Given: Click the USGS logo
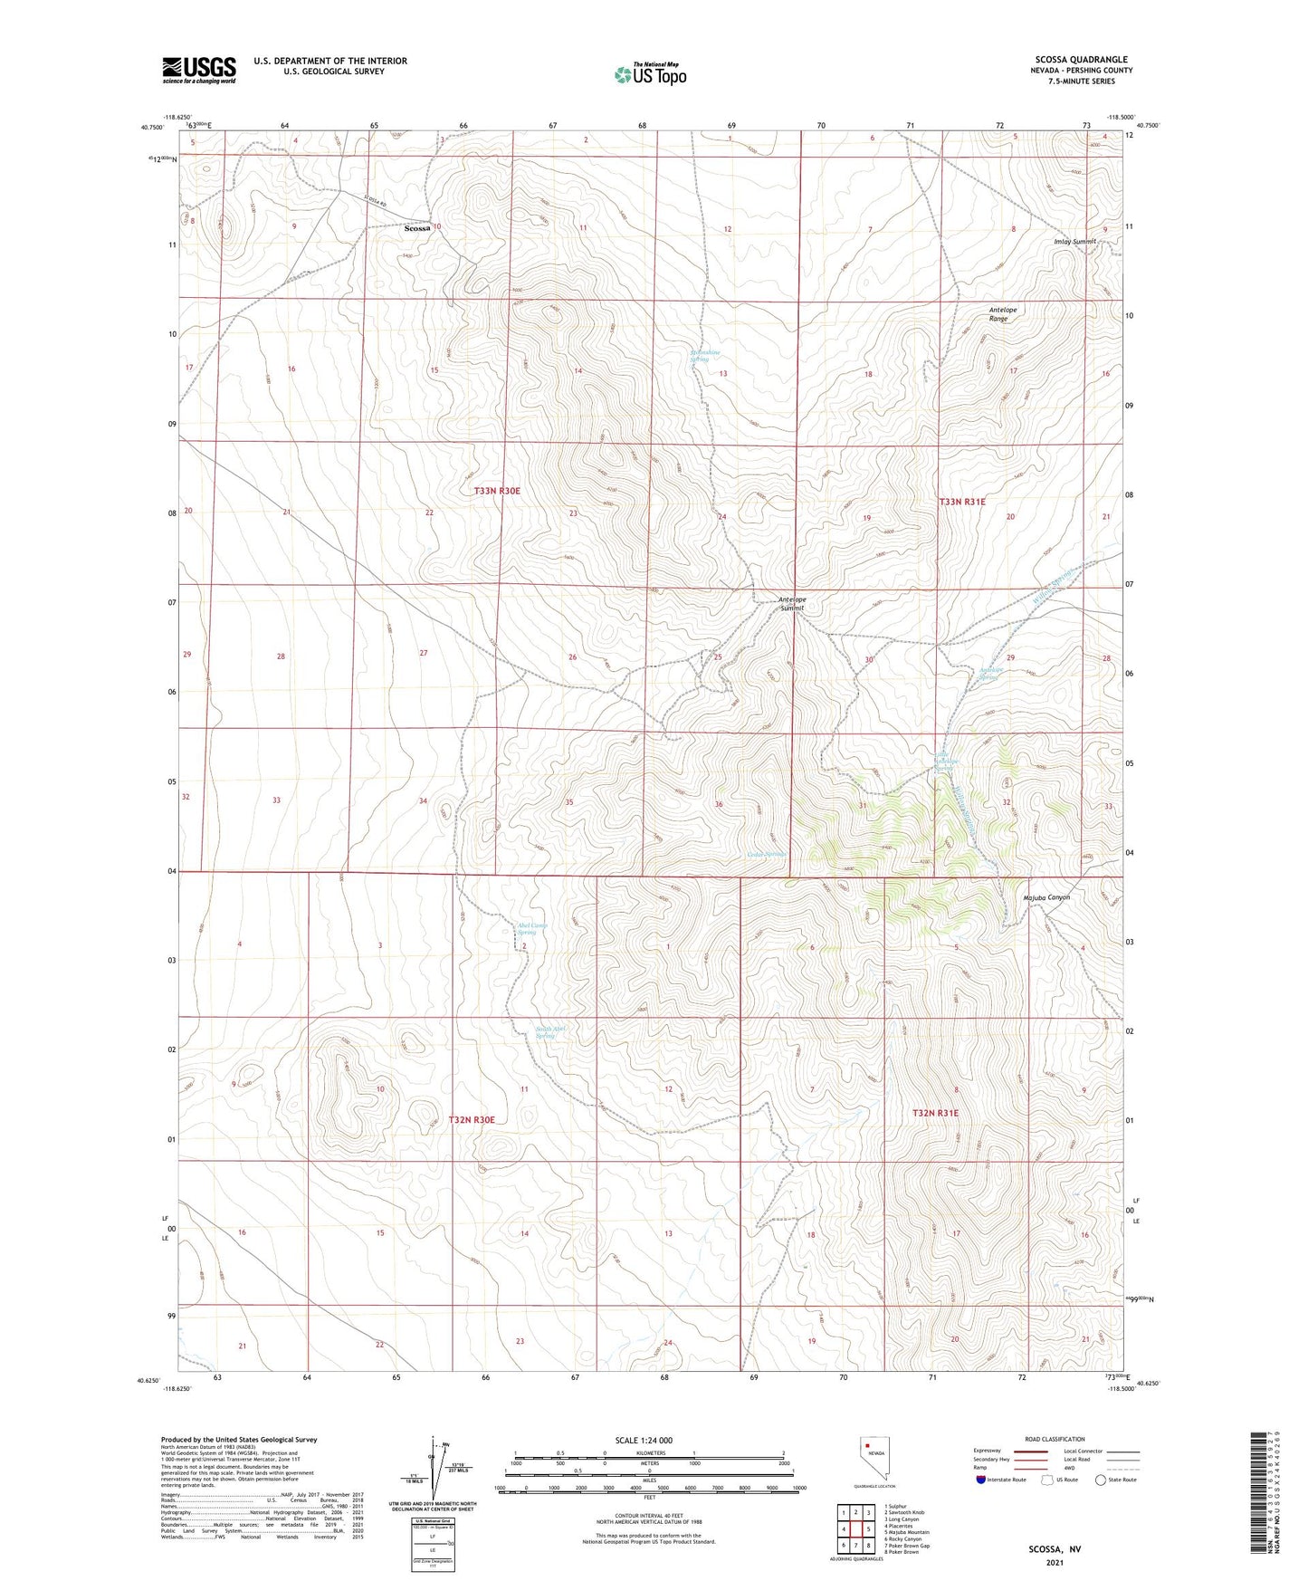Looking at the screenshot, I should (199, 70).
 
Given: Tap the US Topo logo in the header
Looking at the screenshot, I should (650, 74).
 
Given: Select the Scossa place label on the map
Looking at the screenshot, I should (417, 229).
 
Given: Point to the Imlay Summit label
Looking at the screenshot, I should (1074, 242).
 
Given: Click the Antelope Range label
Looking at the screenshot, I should (1002, 314).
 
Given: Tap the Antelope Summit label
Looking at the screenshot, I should (792, 604).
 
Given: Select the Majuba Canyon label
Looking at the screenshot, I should (1045, 897).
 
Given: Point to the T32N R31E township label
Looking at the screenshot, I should (935, 1113).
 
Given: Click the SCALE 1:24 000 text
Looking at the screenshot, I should (644, 1441).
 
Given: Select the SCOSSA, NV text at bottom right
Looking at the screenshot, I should (1055, 1549).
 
